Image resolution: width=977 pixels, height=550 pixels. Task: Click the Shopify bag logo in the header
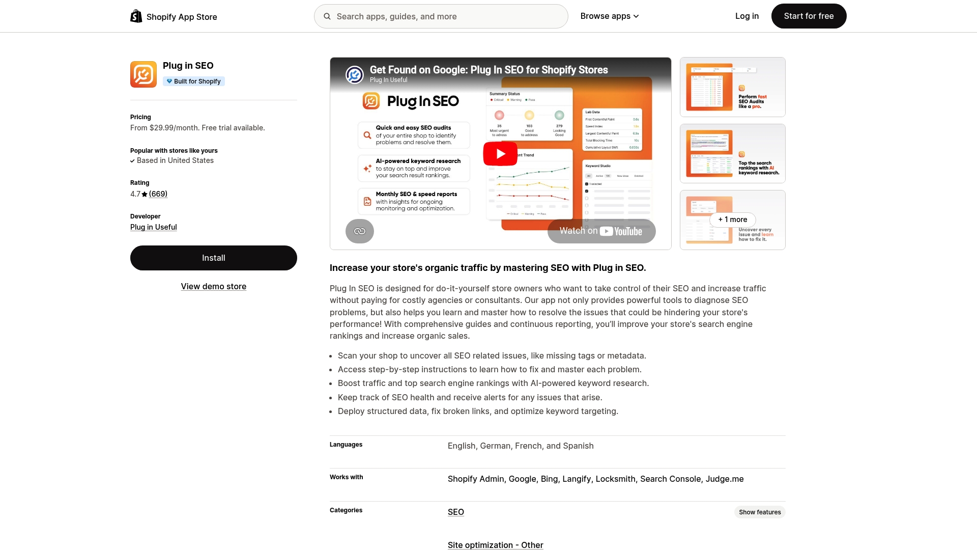tap(136, 16)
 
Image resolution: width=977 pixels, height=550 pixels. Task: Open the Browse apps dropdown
tap(609, 16)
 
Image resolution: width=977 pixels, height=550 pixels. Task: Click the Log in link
tap(746, 16)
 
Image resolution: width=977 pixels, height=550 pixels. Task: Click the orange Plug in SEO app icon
tap(143, 74)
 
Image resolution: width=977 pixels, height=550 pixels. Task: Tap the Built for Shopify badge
tap(194, 81)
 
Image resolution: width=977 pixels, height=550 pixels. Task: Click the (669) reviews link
tap(158, 194)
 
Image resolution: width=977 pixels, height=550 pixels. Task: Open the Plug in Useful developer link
tap(153, 227)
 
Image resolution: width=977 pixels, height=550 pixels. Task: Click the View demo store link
tap(213, 287)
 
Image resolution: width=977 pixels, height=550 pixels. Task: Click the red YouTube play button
tap(500, 154)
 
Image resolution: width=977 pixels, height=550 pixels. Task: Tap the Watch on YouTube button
tap(601, 231)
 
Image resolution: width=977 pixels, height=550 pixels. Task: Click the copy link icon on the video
tap(359, 231)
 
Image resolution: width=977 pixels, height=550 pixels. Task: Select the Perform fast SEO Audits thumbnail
tap(732, 87)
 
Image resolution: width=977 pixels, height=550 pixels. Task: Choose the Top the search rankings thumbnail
tap(732, 153)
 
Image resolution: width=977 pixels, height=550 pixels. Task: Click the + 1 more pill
tap(732, 219)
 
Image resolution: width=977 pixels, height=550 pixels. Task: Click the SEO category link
tap(455, 512)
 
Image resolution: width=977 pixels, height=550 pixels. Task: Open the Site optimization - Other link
tap(495, 545)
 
